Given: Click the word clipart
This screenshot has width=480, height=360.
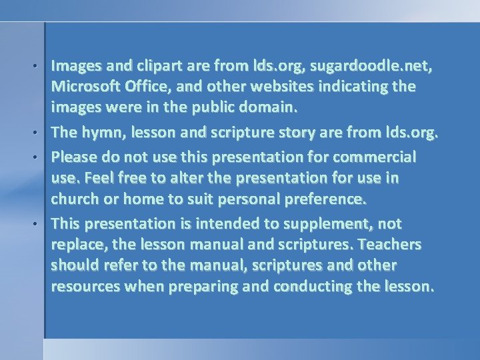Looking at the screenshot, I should tap(157, 65).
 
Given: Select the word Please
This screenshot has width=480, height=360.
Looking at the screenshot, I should tap(74, 157).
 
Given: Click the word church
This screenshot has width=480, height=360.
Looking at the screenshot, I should tap(76, 199).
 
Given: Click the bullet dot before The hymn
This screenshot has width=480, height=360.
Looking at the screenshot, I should tap(42, 135).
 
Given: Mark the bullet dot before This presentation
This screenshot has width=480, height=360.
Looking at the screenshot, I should tap(42, 224).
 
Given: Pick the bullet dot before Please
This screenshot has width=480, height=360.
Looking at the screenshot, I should tap(42, 158).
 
